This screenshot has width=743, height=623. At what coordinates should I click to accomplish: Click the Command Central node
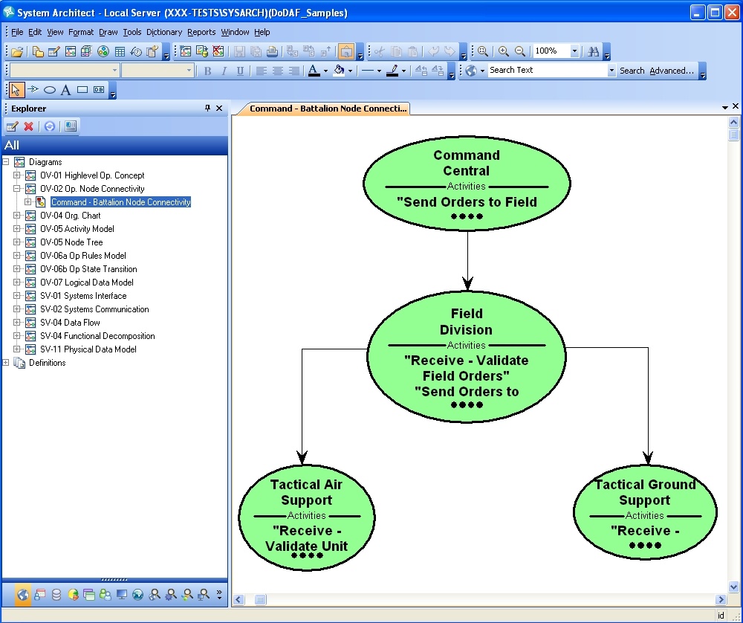pos(467,184)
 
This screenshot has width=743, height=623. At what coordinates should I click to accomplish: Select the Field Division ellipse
pos(467,357)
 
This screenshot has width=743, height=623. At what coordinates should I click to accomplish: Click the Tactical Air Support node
pos(307,517)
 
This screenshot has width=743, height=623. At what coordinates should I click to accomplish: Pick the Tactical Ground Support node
pos(645,512)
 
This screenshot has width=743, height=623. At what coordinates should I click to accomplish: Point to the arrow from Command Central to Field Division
pos(467,261)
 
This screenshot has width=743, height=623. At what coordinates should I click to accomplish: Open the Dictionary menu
pos(164,32)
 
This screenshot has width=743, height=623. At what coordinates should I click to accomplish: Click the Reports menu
pos(201,32)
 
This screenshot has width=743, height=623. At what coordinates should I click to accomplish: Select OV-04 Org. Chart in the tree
pos(70,216)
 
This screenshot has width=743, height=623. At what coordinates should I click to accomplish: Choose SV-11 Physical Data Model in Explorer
pos(88,349)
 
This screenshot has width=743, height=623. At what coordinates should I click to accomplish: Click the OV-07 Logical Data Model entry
pos(87,283)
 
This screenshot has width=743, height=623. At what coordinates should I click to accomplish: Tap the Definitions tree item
pos(47,363)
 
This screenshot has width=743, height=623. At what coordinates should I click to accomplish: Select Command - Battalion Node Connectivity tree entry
pos(121,202)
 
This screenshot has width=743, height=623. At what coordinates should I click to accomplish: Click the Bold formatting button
pos(207,71)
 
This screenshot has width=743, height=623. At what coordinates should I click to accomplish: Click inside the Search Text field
pos(548,70)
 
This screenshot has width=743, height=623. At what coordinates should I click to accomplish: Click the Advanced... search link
pos(672,71)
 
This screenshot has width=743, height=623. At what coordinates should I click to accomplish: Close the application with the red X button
pos(733,13)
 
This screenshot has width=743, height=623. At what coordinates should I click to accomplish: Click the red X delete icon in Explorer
pos(28,126)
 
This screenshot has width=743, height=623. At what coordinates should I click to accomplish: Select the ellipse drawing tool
pos(49,90)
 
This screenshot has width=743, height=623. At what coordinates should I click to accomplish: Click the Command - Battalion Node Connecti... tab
pos(328,109)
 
